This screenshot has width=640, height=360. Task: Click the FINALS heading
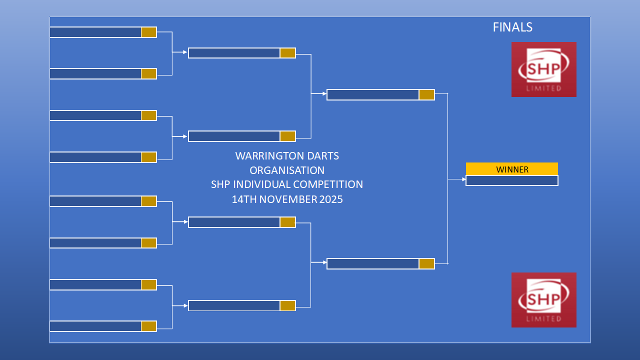click(512, 27)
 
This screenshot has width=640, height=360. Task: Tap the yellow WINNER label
click(512, 169)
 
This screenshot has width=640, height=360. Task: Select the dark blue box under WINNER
click(512, 180)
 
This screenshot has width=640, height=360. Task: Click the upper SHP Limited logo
click(543, 69)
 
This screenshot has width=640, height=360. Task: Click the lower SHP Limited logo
click(543, 300)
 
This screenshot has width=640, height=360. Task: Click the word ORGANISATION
click(287, 170)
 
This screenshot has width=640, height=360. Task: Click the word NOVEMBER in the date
click(288, 199)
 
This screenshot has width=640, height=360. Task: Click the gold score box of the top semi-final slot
click(427, 95)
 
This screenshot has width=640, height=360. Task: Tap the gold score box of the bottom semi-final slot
click(427, 263)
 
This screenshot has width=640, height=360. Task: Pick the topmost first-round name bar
click(95, 32)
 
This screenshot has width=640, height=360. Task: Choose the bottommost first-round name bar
click(95, 326)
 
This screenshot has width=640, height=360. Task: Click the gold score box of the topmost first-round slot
click(149, 32)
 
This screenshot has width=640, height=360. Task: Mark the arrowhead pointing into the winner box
click(464, 179)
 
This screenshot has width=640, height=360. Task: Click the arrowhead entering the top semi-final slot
click(324, 93)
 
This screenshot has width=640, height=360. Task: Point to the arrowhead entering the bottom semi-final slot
click(324, 262)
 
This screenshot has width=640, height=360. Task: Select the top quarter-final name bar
click(234, 53)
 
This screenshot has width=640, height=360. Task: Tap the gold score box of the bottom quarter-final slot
click(287, 305)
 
